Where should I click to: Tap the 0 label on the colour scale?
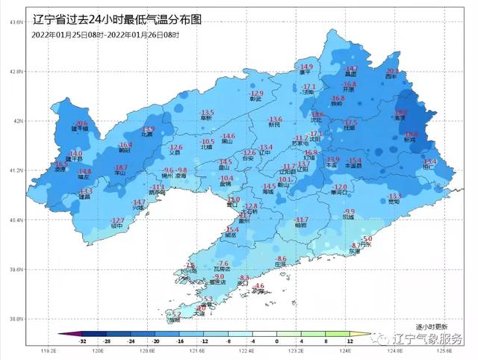coord(277,341)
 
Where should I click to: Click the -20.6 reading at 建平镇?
coord(81,122)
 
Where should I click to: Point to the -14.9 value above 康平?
coord(306,66)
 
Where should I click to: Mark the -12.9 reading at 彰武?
coord(258,93)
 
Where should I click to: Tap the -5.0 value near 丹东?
coord(367,238)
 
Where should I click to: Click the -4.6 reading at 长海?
coord(259,286)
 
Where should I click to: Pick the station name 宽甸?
coord(394,202)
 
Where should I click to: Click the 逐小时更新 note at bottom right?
coord(431,327)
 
